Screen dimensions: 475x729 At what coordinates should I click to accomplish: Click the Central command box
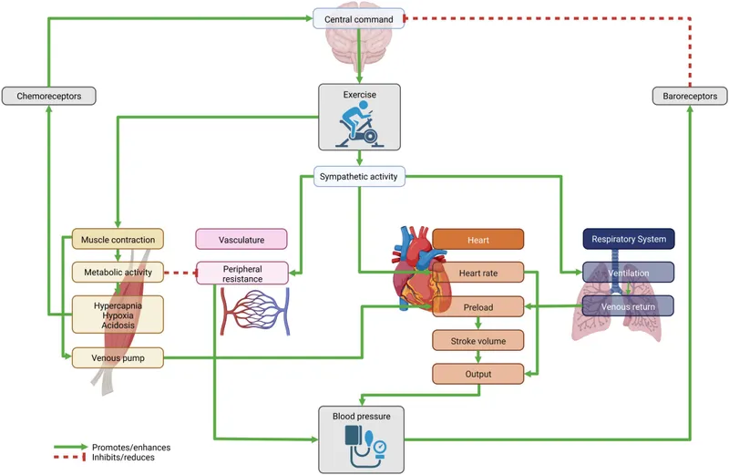[x=359, y=18]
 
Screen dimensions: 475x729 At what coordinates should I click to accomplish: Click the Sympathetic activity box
[x=359, y=176]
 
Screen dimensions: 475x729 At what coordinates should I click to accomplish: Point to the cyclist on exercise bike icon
[x=359, y=127]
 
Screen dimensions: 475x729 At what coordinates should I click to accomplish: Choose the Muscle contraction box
[x=118, y=240]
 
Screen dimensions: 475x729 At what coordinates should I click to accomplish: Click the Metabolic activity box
[x=118, y=272]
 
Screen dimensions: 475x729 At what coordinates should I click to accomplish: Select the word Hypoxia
[x=118, y=315]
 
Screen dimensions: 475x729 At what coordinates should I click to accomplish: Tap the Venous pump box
[x=118, y=359]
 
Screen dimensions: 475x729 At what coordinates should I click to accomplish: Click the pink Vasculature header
[x=241, y=240]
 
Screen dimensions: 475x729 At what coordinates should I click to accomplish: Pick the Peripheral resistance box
[x=241, y=273]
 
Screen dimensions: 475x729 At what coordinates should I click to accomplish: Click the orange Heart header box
[x=477, y=240]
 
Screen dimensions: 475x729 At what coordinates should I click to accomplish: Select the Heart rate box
[x=477, y=272]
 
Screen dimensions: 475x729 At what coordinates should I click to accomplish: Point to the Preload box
[x=477, y=307]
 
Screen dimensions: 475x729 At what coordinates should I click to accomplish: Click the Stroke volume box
[x=477, y=341]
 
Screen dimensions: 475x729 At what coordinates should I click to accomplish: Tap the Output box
[x=477, y=374]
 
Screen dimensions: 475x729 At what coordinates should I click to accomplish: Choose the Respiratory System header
[x=628, y=240]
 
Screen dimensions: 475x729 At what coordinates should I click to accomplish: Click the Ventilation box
[x=628, y=272]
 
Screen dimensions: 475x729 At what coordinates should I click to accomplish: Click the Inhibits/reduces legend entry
[x=120, y=458]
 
